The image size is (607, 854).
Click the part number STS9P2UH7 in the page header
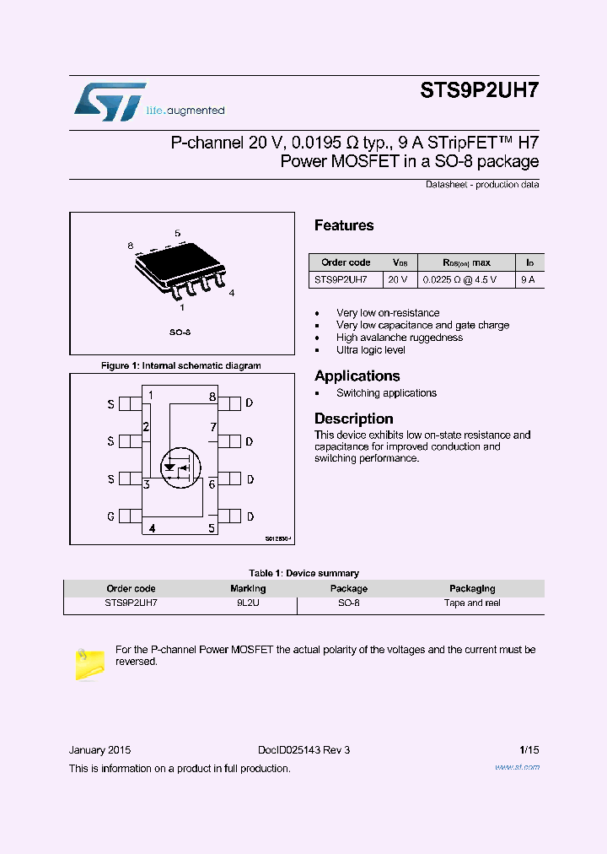[x=479, y=93]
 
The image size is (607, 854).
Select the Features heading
[x=344, y=225]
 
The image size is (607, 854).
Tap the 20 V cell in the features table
[x=398, y=278]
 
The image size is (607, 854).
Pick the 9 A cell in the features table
[x=528, y=278]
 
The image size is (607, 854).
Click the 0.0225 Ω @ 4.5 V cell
[x=459, y=278]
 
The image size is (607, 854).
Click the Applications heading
[x=357, y=376]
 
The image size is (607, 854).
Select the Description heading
[x=353, y=419]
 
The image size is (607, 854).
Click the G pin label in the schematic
[x=110, y=516]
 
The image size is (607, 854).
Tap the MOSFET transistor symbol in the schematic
[x=178, y=466]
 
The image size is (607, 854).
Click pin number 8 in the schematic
[x=212, y=397]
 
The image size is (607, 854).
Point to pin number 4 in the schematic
[x=152, y=529]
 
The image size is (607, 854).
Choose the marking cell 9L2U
[x=248, y=603]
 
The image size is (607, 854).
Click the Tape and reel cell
[x=472, y=603]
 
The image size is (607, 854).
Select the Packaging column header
[x=472, y=588]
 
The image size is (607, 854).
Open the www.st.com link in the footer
[x=516, y=767]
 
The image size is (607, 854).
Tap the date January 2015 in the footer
[x=99, y=750]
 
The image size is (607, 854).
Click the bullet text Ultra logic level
[x=371, y=349]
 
